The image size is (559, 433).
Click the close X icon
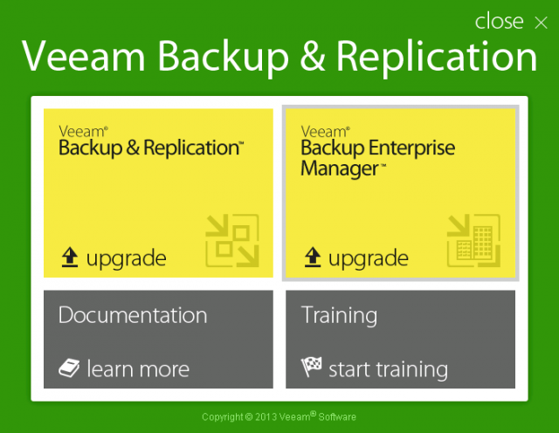[x=541, y=23]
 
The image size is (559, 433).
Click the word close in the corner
[x=499, y=21]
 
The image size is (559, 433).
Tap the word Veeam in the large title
[x=84, y=56]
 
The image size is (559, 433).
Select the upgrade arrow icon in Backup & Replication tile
[x=70, y=257]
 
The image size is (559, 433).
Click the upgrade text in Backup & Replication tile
[x=126, y=258]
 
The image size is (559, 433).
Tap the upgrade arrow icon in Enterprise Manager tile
[x=313, y=257]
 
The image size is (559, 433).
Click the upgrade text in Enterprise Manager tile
[x=369, y=258]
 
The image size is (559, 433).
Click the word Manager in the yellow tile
[x=340, y=168]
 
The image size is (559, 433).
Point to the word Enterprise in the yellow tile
[x=411, y=148]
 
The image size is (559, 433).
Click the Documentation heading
[x=133, y=315]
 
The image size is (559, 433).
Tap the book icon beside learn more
[x=69, y=368]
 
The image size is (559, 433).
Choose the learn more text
[x=138, y=369]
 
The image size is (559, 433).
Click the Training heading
[x=339, y=316]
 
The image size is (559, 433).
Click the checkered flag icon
[x=311, y=367]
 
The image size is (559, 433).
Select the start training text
[x=388, y=370]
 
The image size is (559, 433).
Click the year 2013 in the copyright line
[x=266, y=417]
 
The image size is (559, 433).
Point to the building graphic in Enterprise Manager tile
[x=473, y=241]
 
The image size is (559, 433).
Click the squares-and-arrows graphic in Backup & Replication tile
[x=232, y=241]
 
